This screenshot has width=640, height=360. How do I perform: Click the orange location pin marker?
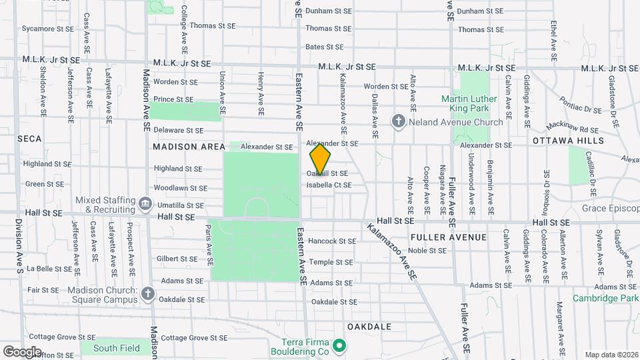coord(320,159)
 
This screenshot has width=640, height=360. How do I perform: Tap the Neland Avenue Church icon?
coord(399,121)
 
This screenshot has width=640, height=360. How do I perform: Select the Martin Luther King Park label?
coord(475,103)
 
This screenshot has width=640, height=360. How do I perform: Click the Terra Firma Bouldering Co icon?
coord(339,345)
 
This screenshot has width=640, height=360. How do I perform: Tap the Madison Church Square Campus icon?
coord(147,293)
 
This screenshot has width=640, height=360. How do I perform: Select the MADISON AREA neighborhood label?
coord(185,147)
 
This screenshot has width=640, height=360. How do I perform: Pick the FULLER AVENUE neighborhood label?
coord(449,237)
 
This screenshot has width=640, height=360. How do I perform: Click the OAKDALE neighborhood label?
coord(369,327)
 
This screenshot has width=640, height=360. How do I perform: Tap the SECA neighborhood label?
coord(29,139)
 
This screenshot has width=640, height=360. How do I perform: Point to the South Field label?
coord(117,348)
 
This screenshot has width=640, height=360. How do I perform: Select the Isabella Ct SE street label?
coord(329,185)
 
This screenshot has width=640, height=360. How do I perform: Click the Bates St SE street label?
coord(324,47)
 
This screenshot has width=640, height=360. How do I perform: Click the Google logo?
coord(21,351)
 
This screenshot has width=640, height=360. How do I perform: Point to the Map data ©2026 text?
coord(610,355)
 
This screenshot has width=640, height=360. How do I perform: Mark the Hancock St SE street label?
coord(332,241)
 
